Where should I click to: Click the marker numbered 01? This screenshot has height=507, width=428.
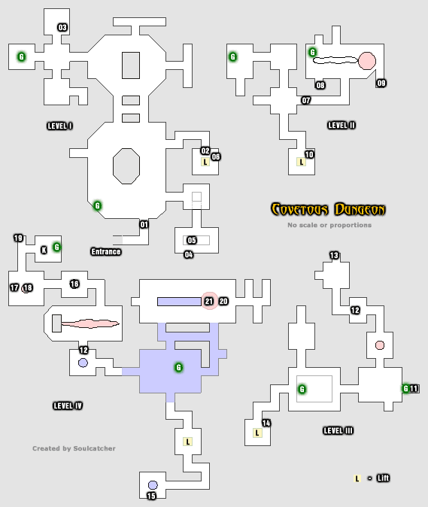click(x=144, y=223)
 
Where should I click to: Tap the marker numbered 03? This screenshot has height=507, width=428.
click(x=62, y=28)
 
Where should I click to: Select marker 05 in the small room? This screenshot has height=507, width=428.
click(x=191, y=240)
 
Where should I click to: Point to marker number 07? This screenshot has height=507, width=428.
click(x=305, y=100)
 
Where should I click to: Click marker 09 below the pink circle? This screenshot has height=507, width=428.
click(x=381, y=83)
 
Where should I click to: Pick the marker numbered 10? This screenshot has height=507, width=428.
click(x=309, y=154)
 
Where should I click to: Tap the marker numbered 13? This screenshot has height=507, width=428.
click(x=334, y=256)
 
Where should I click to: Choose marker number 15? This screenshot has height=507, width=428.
click(x=151, y=496)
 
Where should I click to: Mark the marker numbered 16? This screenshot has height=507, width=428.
click(x=74, y=284)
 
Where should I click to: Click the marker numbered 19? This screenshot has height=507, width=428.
click(x=18, y=238)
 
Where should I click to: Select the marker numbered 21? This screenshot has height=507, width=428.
click(x=209, y=301)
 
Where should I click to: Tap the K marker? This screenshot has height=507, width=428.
click(x=44, y=250)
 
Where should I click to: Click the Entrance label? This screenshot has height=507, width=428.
click(x=105, y=251)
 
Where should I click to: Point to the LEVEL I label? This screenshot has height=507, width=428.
click(x=59, y=126)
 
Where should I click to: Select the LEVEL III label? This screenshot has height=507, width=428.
click(x=338, y=430)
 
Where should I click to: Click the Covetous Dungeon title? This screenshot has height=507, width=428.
click(x=328, y=209)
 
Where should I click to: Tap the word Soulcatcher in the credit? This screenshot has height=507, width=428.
click(x=95, y=448)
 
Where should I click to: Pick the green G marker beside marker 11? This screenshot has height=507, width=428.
click(x=405, y=388)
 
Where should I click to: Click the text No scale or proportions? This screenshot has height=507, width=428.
click(x=329, y=225)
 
